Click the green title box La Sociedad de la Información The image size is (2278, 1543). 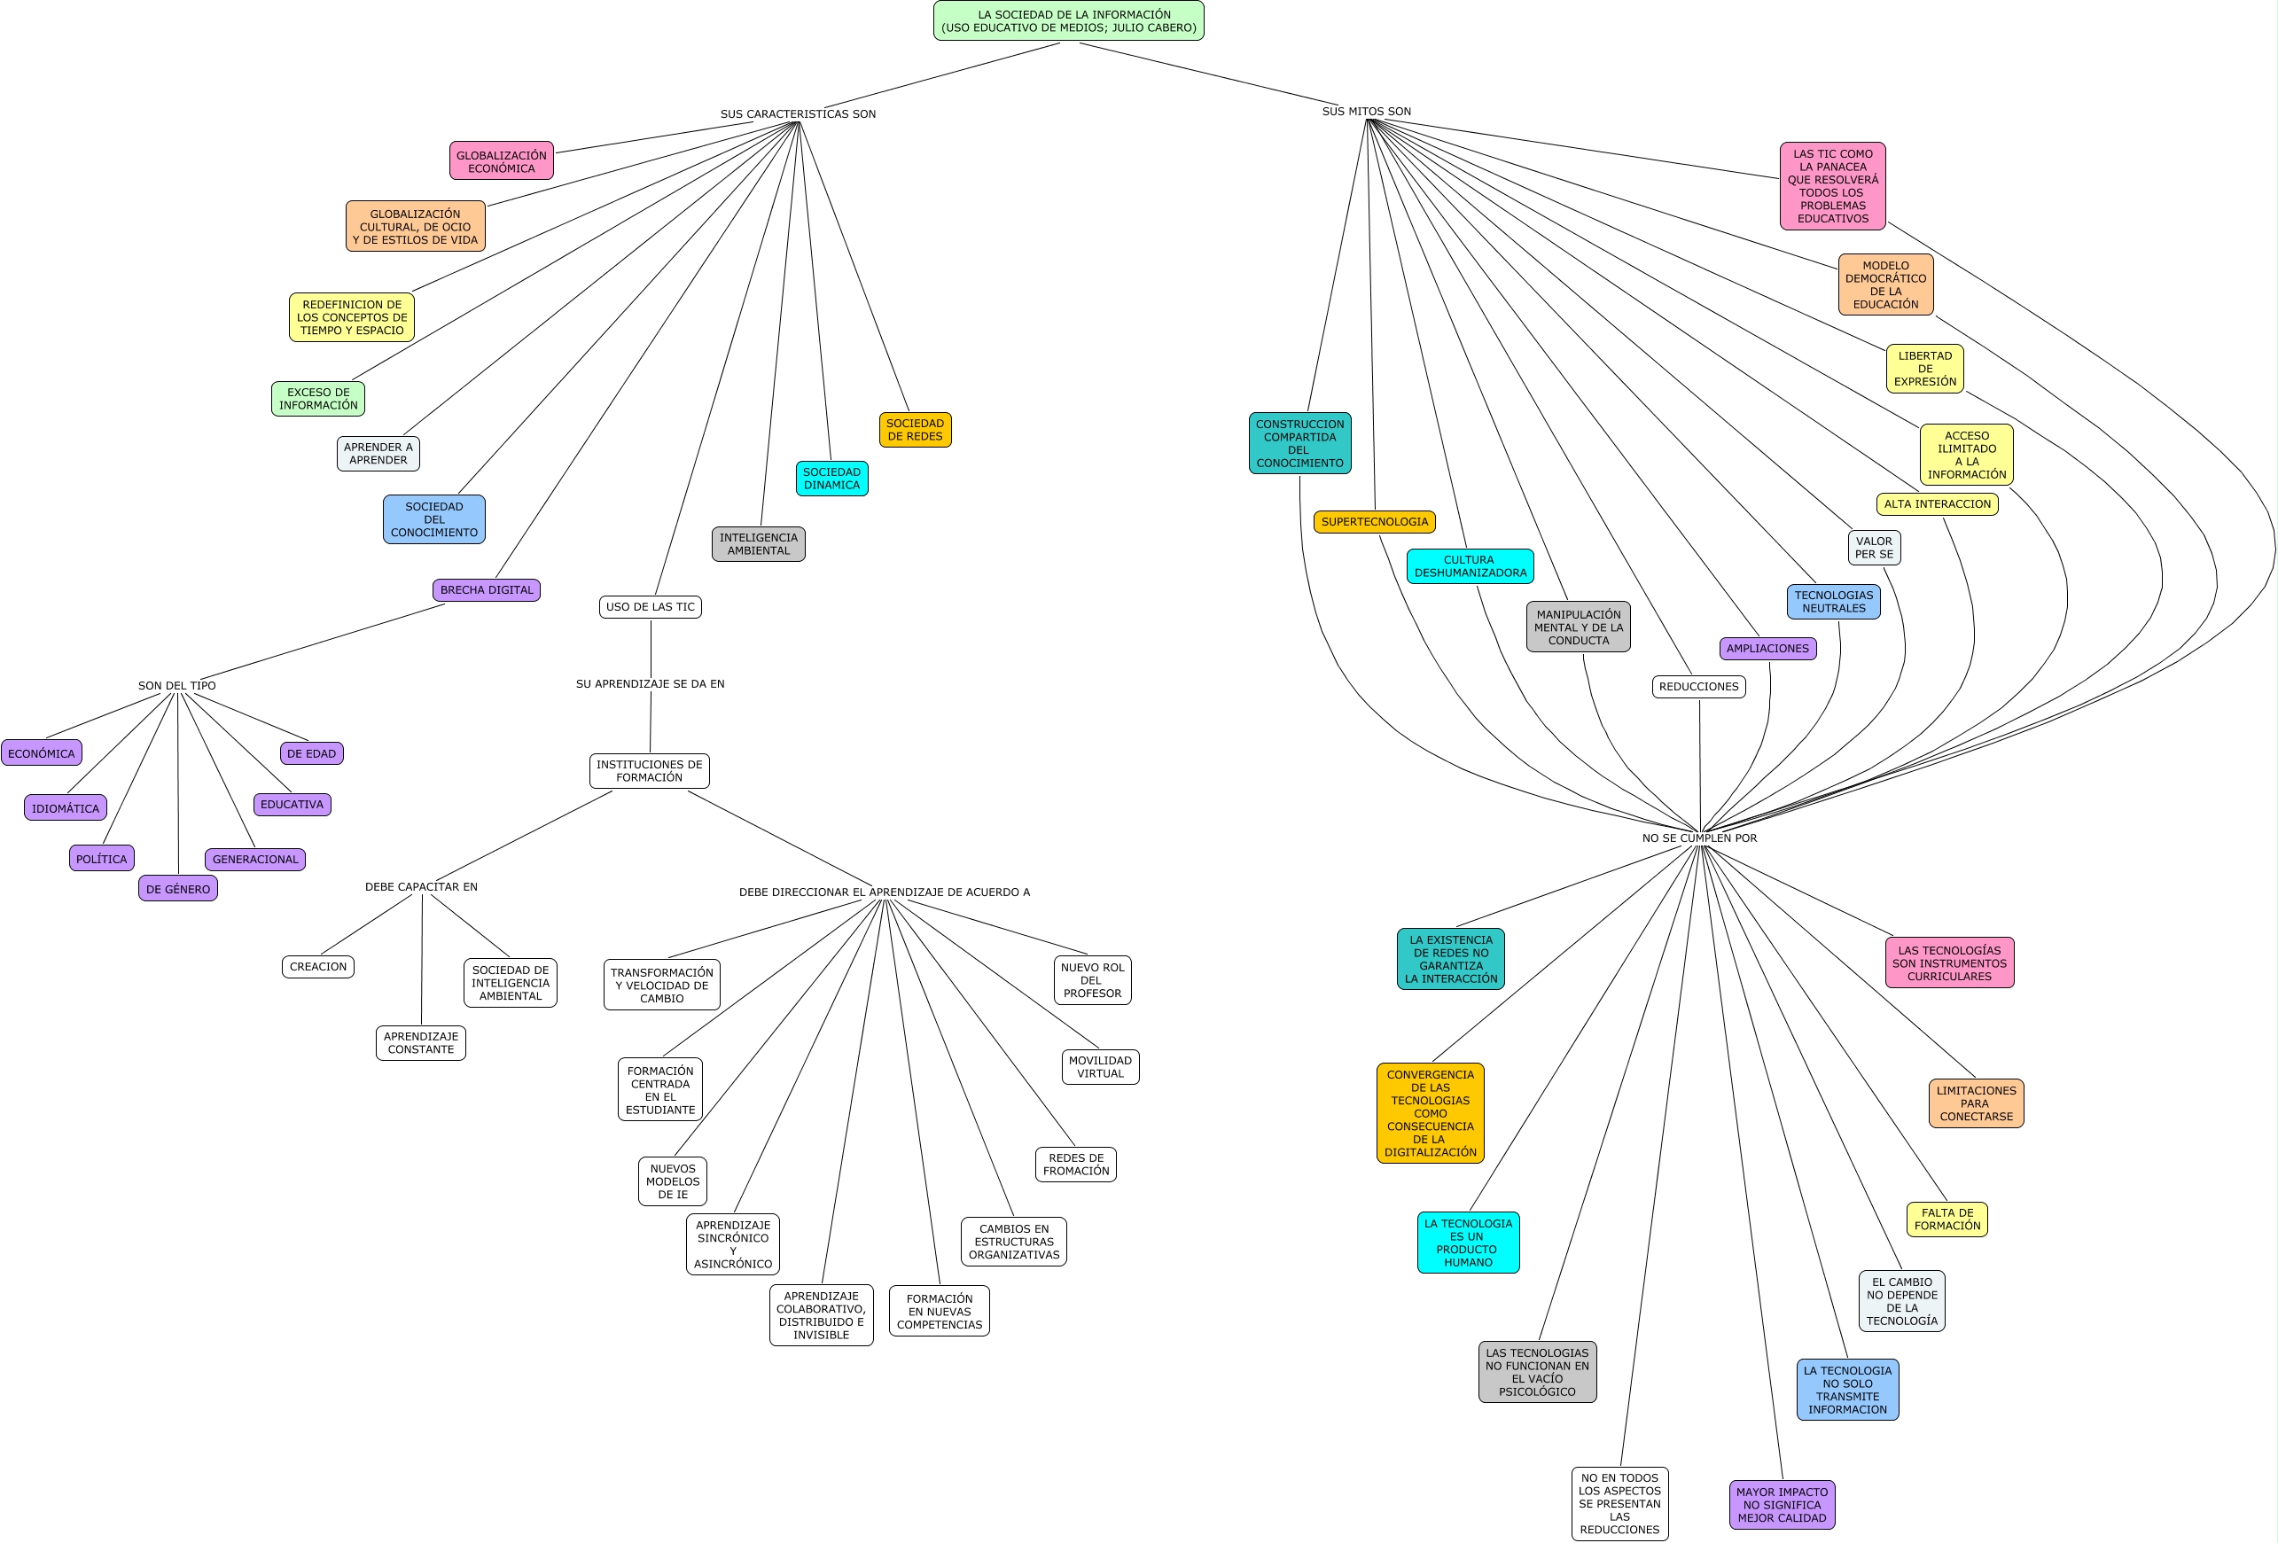pyautogui.click(x=1068, y=20)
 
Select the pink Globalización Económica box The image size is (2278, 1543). pyautogui.click(x=501, y=160)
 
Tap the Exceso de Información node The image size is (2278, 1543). pyautogui.click(x=317, y=398)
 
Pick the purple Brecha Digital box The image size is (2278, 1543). pyautogui.click(x=487, y=589)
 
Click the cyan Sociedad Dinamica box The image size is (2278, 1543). pyautogui.click(x=831, y=479)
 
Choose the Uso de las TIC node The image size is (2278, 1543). pyautogui.click(x=650, y=607)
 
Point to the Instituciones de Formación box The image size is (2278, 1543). pyautogui.click(x=649, y=770)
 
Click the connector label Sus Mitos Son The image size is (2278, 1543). pyautogui.click(x=1367, y=112)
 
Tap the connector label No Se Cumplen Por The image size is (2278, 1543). pyautogui.click(x=1698, y=838)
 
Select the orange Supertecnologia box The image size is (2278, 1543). pyautogui.click(x=1374, y=521)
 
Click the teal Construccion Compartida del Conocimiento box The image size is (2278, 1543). pyautogui.click(x=1299, y=443)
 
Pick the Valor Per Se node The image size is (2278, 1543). pyautogui.click(x=1873, y=547)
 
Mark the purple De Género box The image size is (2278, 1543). pyautogui.click(x=177, y=888)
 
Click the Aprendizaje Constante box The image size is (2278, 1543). pyautogui.click(x=420, y=1042)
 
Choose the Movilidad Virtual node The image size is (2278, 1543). pyautogui.click(x=1100, y=1066)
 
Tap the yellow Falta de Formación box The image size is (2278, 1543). pyautogui.click(x=1946, y=1219)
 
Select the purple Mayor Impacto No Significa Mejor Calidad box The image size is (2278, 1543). pyautogui.click(x=1781, y=1504)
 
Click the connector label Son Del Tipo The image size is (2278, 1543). pyautogui.click(x=176, y=685)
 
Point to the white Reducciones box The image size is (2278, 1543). pyautogui.click(x=1697, y=686)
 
